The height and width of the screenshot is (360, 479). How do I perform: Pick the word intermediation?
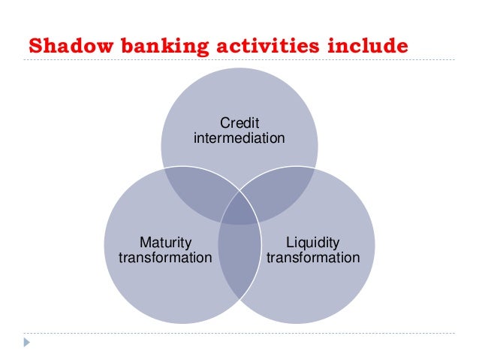pos(239,138)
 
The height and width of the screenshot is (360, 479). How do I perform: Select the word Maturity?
pos(165,242)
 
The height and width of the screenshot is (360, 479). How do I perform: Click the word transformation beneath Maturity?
pos(165,258)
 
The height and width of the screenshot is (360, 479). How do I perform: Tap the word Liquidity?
pos(313,242)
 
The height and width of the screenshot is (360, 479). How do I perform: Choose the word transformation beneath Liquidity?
pos(313,258)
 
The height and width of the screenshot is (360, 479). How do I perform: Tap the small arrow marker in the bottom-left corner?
pos(28,343)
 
